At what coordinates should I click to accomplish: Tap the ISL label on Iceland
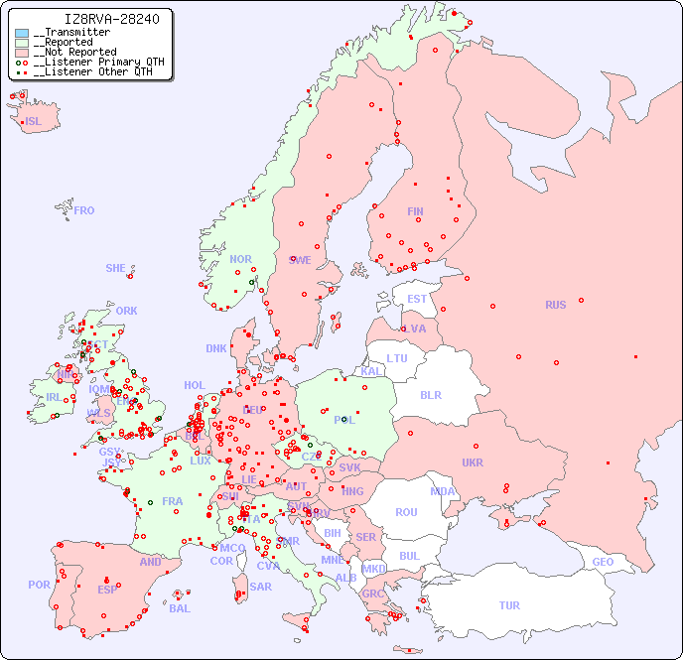pyautogui.click(x=33, y=122)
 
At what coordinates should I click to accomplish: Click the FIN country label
pyautogui.click(x=415, y=211)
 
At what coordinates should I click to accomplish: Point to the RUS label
pyautogui.click(x=555, y=305)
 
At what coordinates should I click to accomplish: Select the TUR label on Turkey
pyautogui.click(x=509, y=605)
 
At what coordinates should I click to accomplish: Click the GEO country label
pyautogui.click(x=603, y=562)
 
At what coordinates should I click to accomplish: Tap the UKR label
pyautogui.click(x=473, y=462)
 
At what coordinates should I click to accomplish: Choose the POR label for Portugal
pyautogui.click(x=39, y=585)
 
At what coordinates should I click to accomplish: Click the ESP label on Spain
pyautogui.click(x=107, y=589)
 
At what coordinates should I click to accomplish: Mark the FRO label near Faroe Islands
pyautogui.click(x=83, y=210)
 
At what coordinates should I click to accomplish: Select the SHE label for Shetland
pyautogui.click(x=115, y=268)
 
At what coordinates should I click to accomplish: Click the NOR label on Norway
pyautogui.click(x=240, y=259)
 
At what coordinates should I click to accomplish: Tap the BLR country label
pyautogui.click(x=431, y=394)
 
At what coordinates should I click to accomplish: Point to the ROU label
pyautogui.click(x=406, y=512)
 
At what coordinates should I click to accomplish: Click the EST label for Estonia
pyautogui.click(x=417, y=299)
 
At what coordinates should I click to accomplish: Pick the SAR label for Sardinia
pyautogui.click(x=260, y=587)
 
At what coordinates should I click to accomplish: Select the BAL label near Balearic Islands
pyautogui.click(x=179, y=608)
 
